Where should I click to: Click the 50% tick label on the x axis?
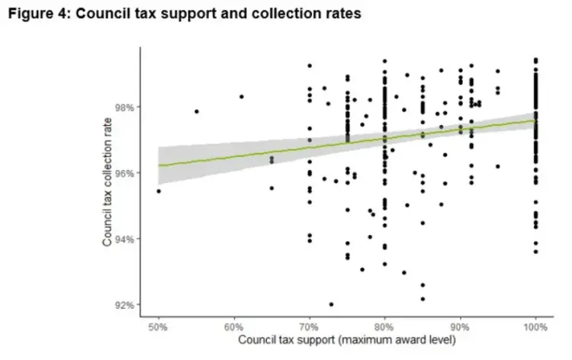click(158, 326)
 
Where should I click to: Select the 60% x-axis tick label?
click(234, 326)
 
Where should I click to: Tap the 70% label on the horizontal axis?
click(310, 326)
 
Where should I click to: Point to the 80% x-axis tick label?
click(384, 326)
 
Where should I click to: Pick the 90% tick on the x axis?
click(460, 326)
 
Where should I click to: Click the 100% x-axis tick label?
click(535, 326)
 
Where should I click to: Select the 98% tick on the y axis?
click(124, 108)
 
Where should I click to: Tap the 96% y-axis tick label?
click(124, 173)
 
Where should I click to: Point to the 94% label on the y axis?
click(124, 239)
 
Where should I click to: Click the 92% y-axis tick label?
click(124, 305)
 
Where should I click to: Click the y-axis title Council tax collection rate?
click(108, 182)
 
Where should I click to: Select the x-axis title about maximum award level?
click(347, 340)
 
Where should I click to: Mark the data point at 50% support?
click(159, 191)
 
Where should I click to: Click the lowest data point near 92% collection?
click(331, 304)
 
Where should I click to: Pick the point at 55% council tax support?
click(197, 111)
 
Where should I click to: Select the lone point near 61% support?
click(242, 97)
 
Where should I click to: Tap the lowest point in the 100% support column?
click(535, 252)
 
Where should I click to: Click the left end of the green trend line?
click(159, 166)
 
